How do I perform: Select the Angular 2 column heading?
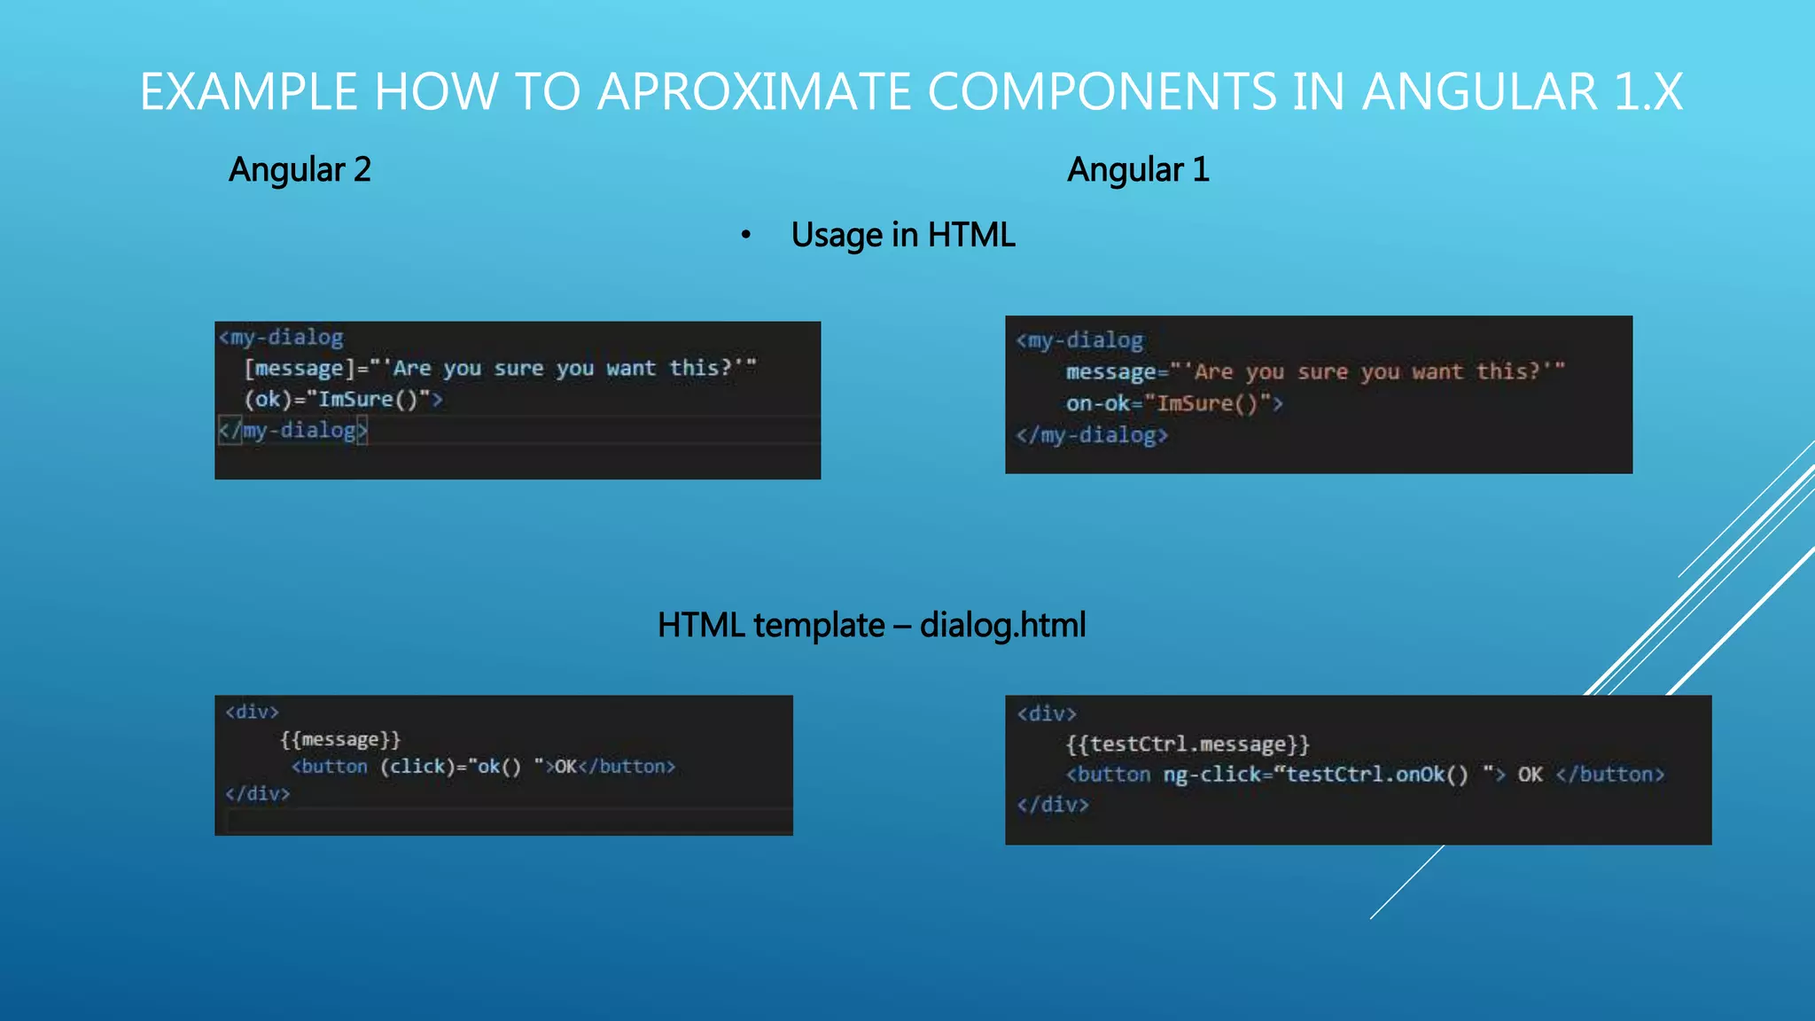coord(300,169)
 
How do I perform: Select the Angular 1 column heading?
coord(1138,169)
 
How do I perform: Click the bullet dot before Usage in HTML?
coord(746,235)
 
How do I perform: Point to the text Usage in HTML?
coord(902,235)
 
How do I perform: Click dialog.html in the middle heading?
coord(1002,626)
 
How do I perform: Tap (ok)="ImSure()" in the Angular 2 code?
coord(337,400)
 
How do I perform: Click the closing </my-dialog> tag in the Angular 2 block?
coord(293,431)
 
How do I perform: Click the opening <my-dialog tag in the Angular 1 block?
coord(1079,340)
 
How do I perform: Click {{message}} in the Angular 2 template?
coord(340,739)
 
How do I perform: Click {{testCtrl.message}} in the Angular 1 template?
coord(1187,744)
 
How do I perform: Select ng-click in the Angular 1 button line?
coord(1211,775)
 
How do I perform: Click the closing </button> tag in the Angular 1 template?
coord(1609,775)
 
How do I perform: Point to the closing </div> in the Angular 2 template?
coord(257,794)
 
